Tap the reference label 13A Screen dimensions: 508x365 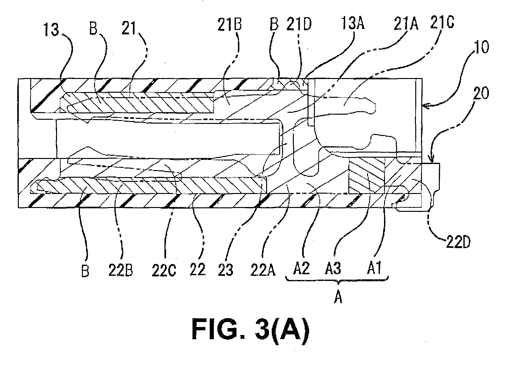(353, 23)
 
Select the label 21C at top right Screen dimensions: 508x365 (442, 22)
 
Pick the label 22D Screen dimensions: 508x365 (458, 242)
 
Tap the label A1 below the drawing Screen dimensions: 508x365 (374, 268)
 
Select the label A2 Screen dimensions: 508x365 (301, 269)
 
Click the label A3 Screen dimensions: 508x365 (333, 268)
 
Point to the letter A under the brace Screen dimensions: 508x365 (338, 297)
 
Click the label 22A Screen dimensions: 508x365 (263, 270)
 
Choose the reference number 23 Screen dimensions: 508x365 (225, 269)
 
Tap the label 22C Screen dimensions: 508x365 (164, 270)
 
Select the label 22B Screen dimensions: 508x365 (121, 270)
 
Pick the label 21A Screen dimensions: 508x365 (406, 24)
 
